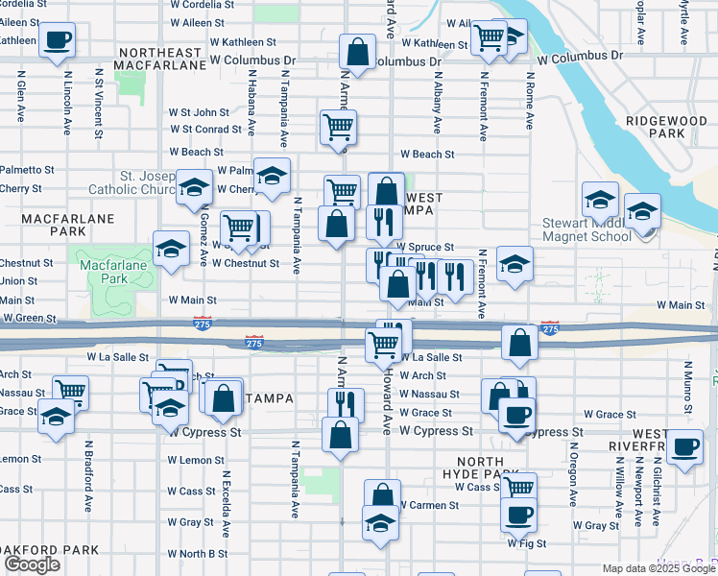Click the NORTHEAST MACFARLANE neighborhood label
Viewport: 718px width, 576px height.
click(x=159, y=58)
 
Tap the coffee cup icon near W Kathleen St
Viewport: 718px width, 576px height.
click(x=57, y=39)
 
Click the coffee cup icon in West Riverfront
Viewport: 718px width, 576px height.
click(x=684, y=447)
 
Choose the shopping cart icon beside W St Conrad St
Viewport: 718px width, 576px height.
click(x=338, y=126)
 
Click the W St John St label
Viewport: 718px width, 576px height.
click(x=199, y=112)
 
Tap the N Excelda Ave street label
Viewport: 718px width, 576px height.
click(x=227, y=503)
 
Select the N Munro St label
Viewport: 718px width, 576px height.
click(x=687, y=382)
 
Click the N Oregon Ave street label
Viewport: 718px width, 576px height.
click(x=572, y=486)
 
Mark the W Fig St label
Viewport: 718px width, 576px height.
click(x=526, y=542)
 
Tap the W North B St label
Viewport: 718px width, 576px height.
click(x=197, y=553)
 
